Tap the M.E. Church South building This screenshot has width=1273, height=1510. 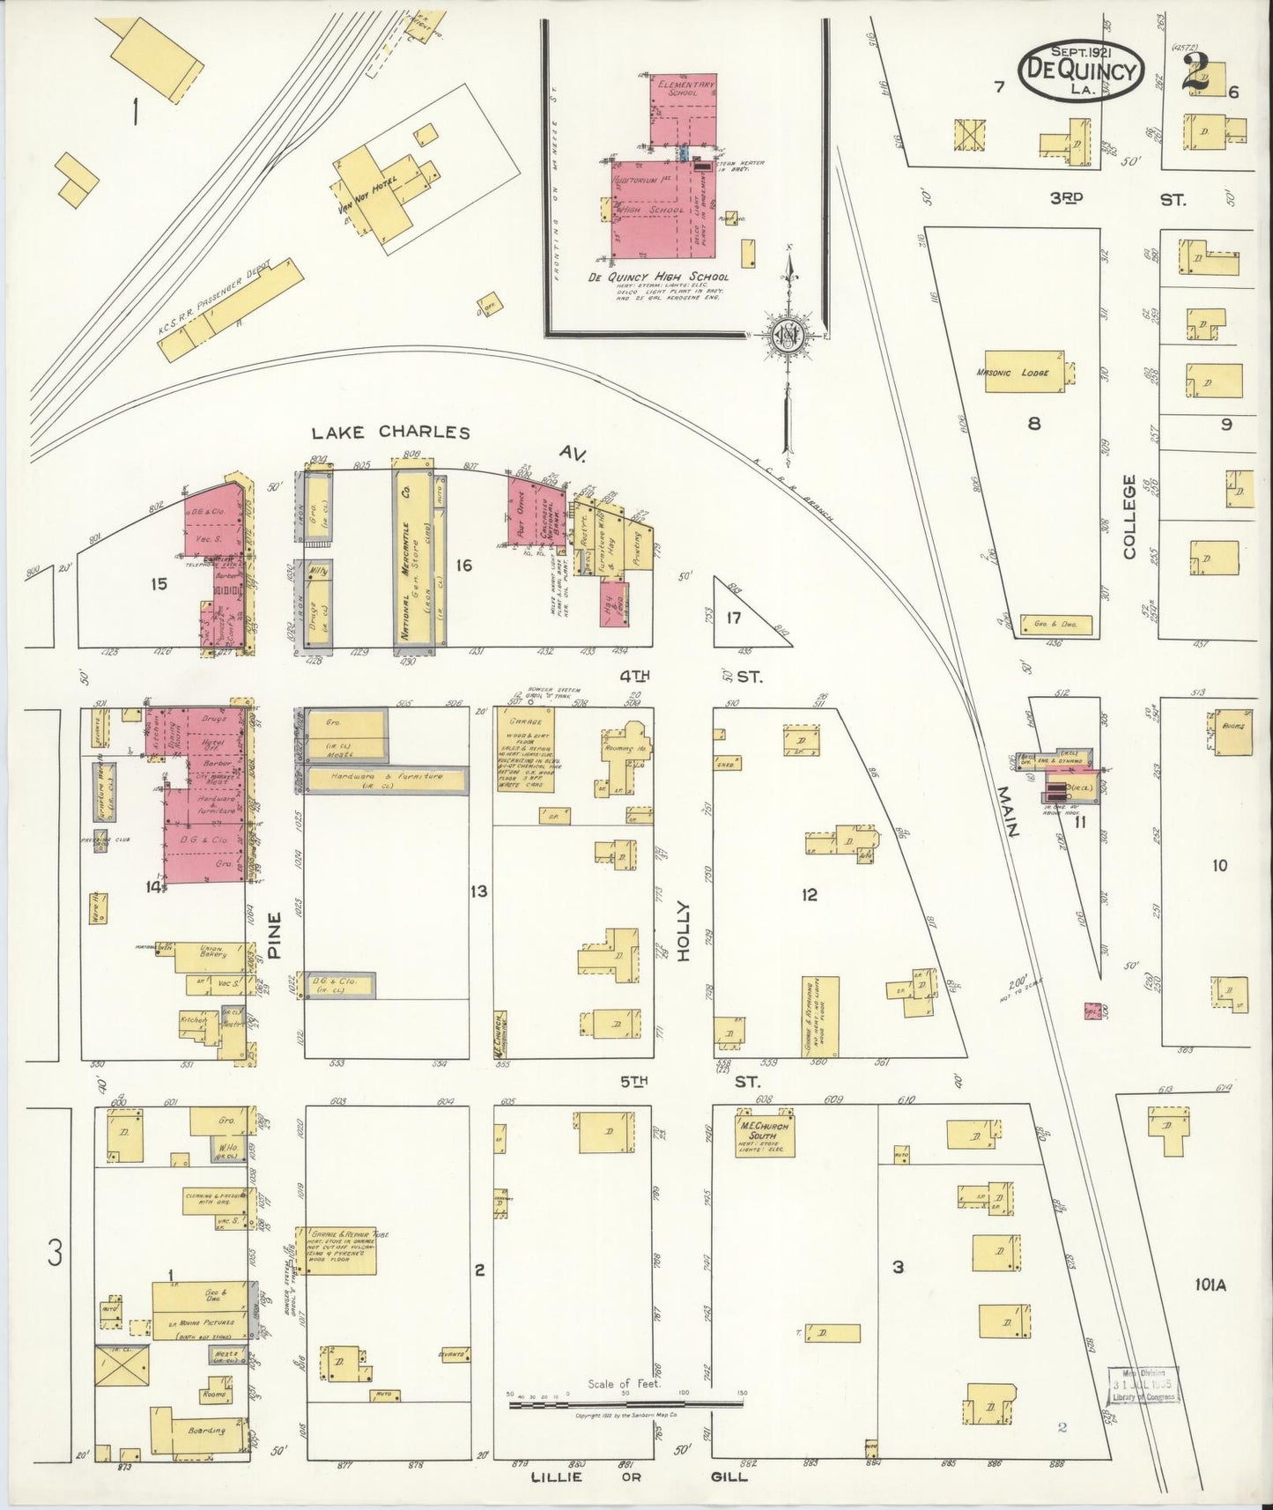(766, 1137)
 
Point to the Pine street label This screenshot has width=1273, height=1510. (275, 936)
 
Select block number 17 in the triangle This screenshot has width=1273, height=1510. (733, 618)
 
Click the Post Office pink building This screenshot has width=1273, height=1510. (523, 512)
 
